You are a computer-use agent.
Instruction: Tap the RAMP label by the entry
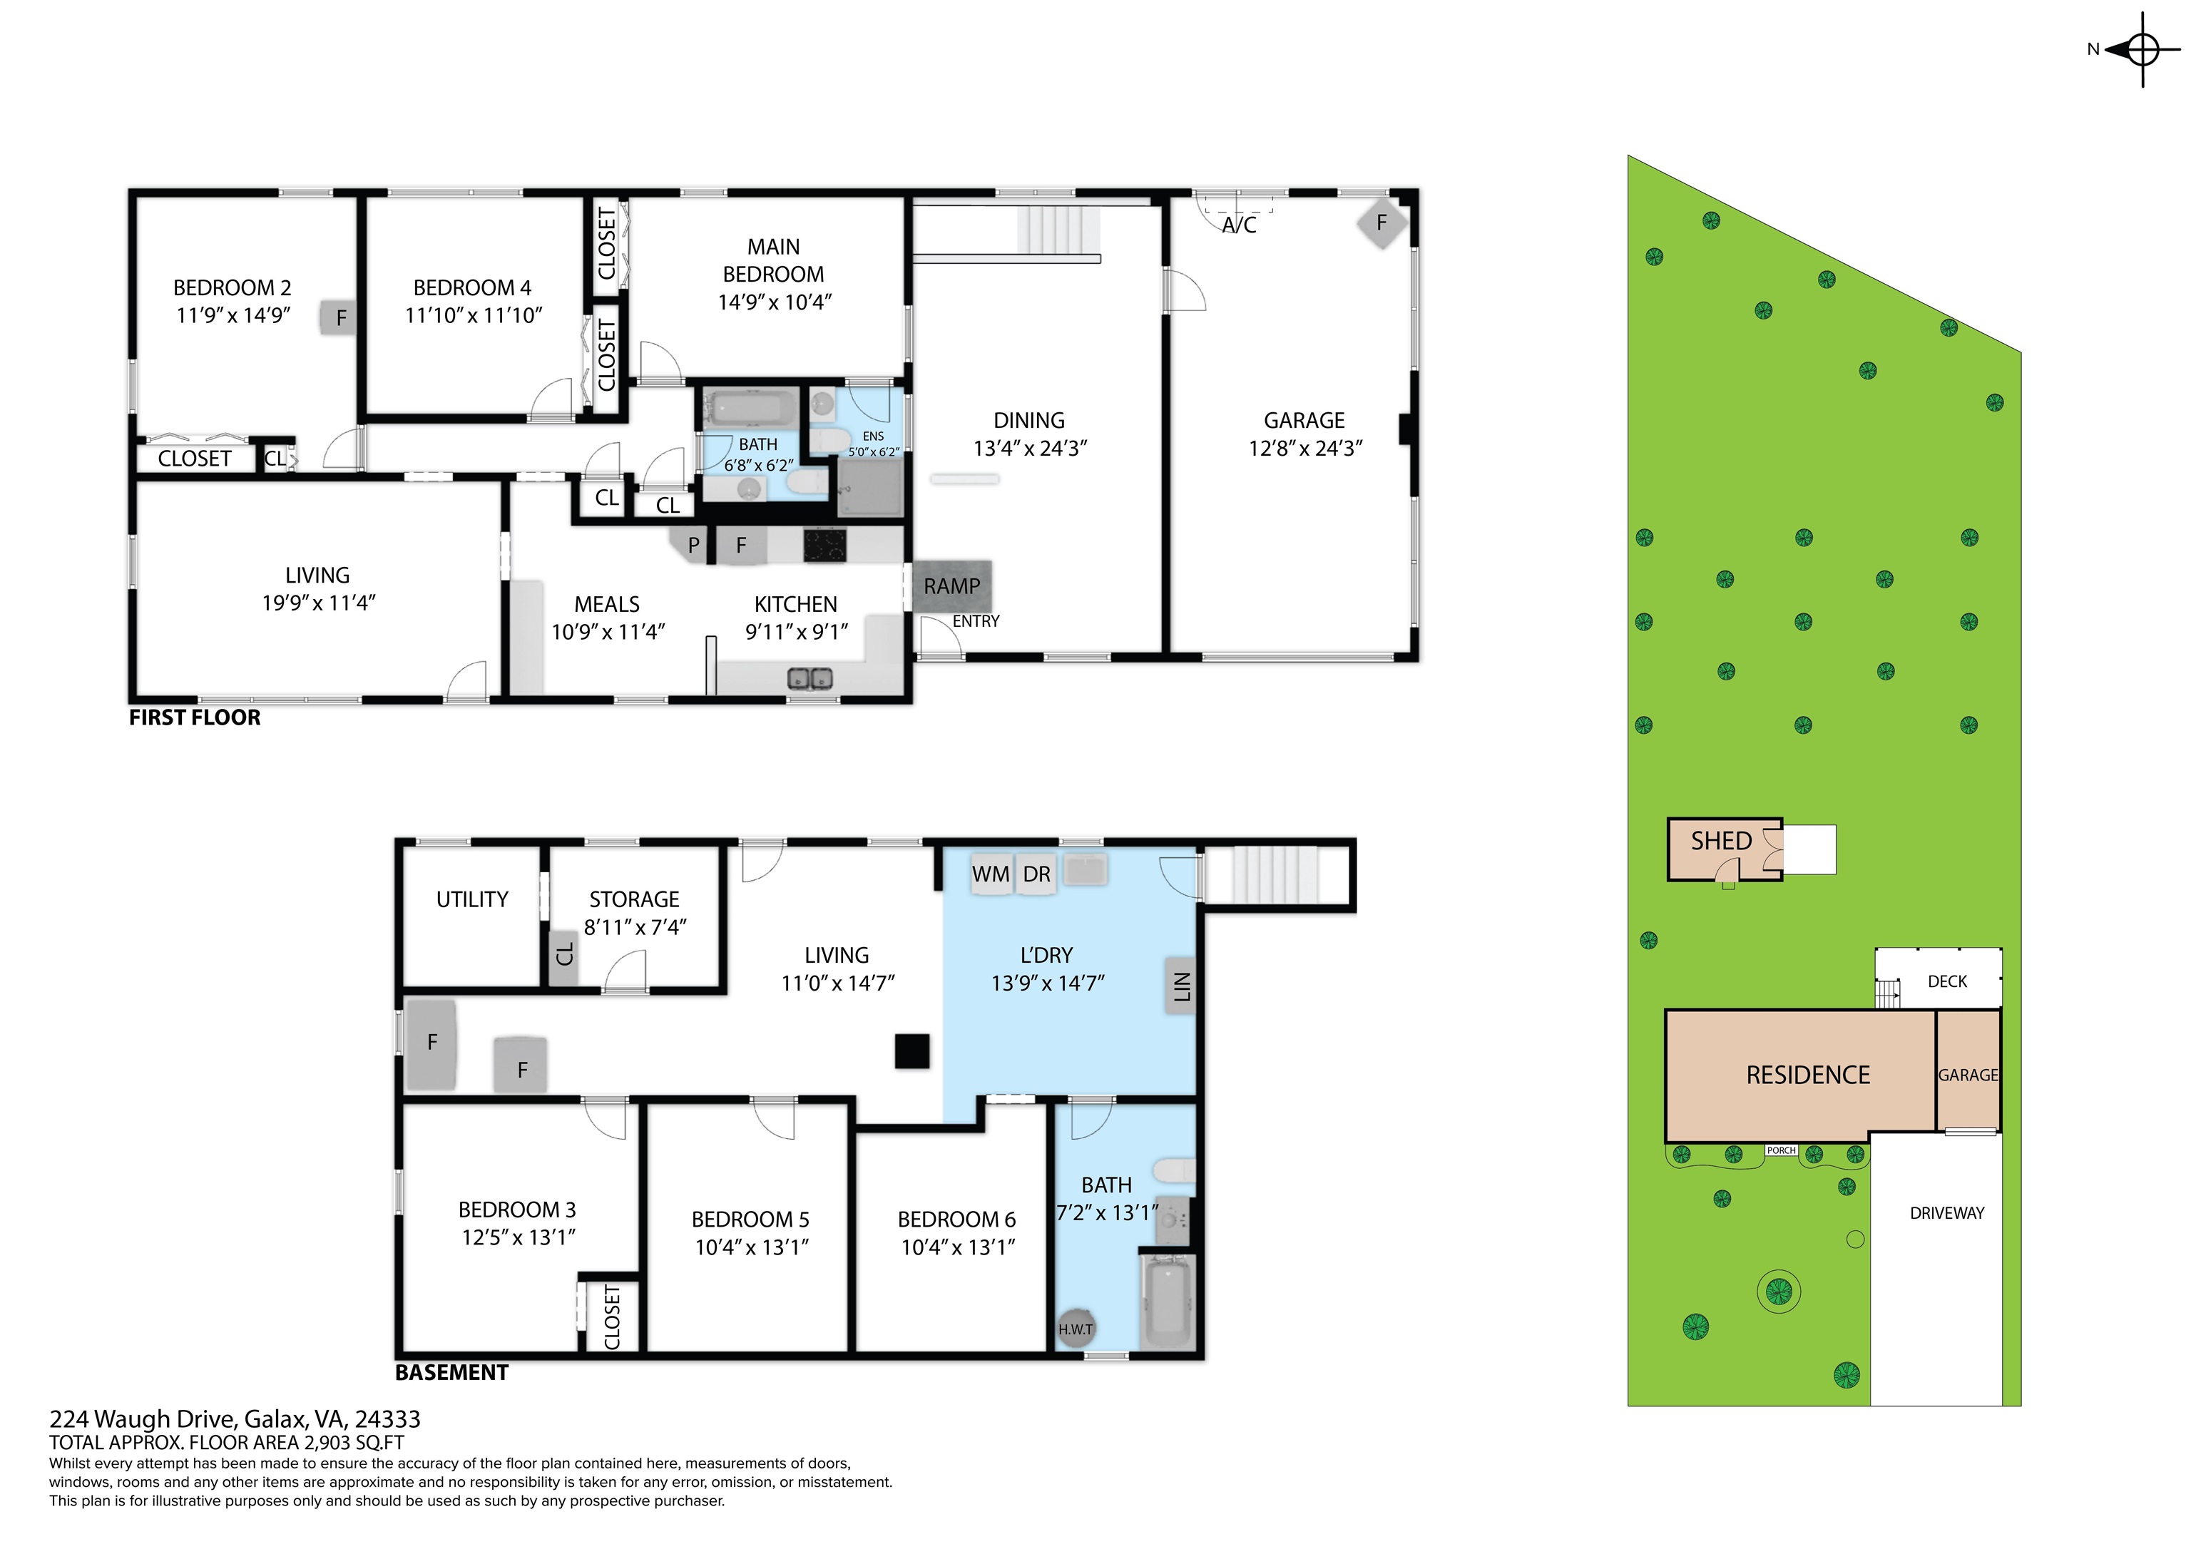point(952,586)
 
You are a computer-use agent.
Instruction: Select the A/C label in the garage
point(1239,225)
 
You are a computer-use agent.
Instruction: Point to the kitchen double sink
point(810,679)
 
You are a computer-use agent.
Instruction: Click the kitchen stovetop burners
point(824,545)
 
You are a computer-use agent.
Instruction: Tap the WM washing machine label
point(991,874)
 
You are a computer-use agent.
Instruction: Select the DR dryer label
point(1036,874)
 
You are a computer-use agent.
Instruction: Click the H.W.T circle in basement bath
point(1076,1328)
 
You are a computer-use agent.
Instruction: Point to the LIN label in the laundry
point(1181,986)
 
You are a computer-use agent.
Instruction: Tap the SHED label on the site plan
point(1722,841)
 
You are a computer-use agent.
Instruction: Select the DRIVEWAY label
point(1946,1213)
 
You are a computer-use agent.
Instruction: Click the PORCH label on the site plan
point(1782,1150)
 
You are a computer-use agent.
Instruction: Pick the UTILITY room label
point(472,899)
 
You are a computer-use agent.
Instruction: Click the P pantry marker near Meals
point(694,545)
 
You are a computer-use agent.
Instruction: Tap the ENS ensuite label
point(873,436)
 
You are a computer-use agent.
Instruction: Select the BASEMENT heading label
point(452,1372)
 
